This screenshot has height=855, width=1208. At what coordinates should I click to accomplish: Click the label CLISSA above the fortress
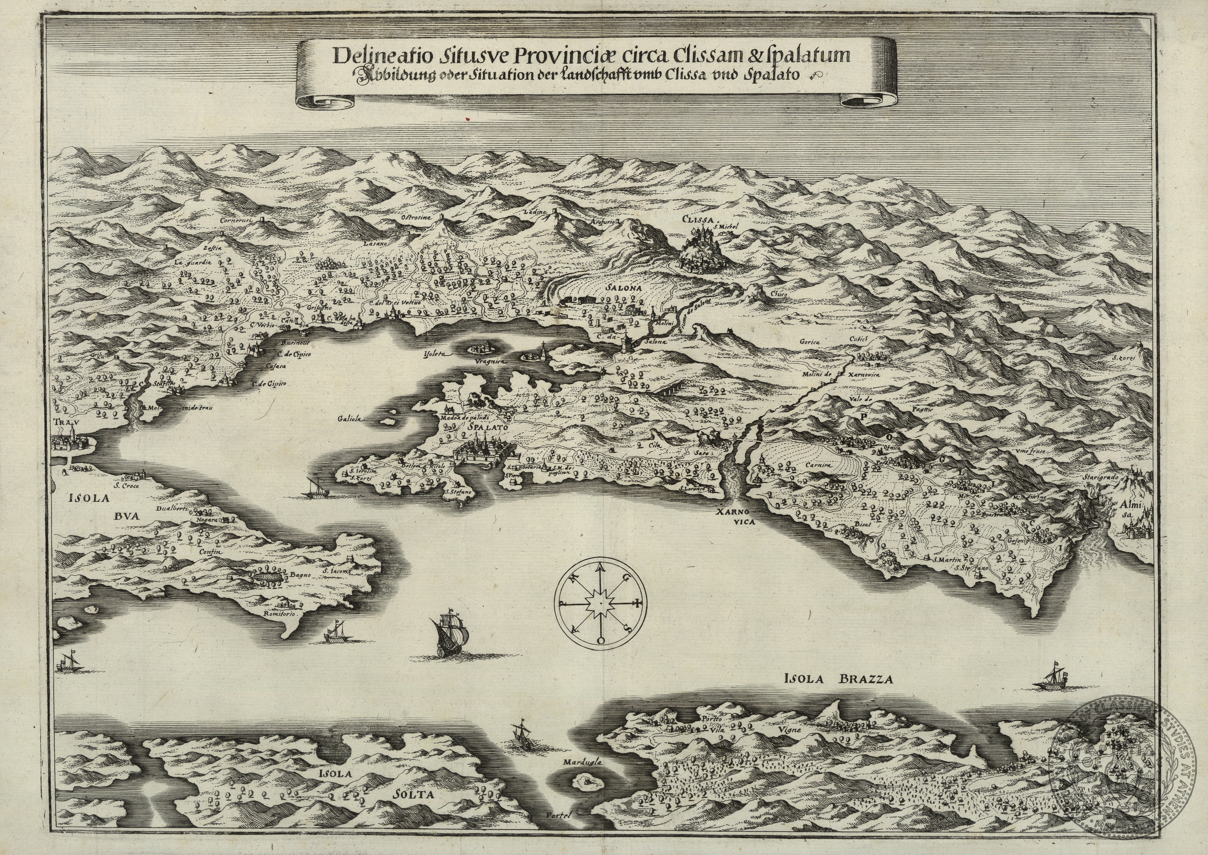[699, 220]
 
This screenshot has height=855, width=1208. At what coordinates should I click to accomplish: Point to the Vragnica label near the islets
[489, 362]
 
